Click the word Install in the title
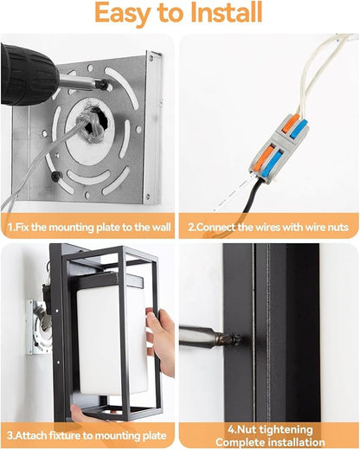pyautogui.click(x=227, y=13)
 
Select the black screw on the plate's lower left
pyautogui.click(x=55, y=176)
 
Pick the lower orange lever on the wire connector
pyautogui.click(x=267, y=157)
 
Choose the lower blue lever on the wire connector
pyautogui.click(x=275, y=163)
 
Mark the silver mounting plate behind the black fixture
pyautogui.click(x=38, y=327)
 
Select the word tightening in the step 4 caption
pyautogui.click(x=286, y=429)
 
